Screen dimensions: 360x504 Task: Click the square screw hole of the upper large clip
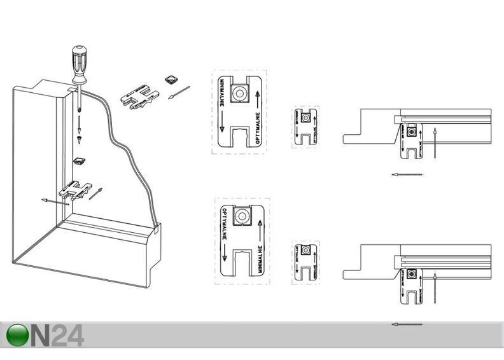(x=240, y=93)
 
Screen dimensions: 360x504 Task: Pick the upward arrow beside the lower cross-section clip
(x=433, y=286)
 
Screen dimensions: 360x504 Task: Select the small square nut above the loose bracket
(x=170, y=79)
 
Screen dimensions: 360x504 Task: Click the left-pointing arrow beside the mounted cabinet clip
(x=55, y=202)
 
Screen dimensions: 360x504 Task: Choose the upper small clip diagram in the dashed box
(x=305, y=127)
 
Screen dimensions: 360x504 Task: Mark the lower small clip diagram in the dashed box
(x=305, y=260)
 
